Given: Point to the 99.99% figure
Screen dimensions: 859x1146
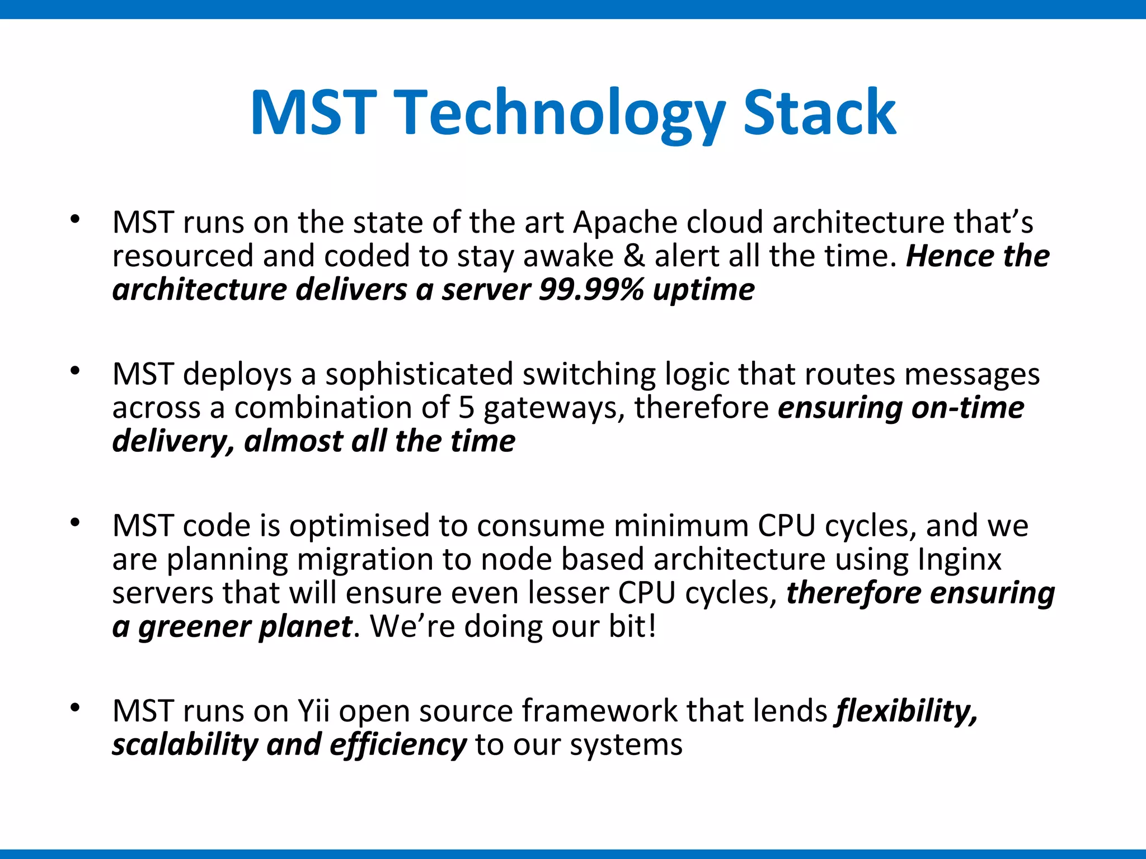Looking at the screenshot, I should [591, 290].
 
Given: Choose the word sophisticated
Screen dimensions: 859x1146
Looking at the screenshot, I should [419, 374].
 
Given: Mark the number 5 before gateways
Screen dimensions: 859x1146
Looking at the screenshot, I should [466, 408].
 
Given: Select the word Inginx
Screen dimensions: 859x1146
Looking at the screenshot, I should [959, 559].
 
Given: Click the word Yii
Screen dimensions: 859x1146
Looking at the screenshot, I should [313, 711].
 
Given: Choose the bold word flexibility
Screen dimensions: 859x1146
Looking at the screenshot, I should [907, 712].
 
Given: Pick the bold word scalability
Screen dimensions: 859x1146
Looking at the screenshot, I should [185, 745].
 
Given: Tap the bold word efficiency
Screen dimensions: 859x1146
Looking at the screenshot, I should [398, 745].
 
